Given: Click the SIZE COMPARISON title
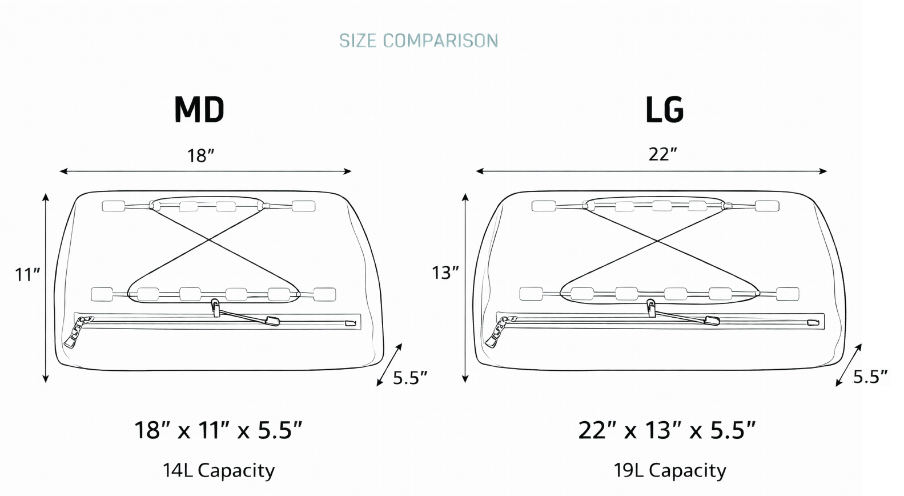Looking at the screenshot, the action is [419, 41].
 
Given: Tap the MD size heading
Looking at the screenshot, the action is [199, 110].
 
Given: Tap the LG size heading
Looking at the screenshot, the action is [664, 110].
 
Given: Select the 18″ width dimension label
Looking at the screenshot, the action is [200, 155].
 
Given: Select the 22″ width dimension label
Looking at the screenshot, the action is [662, 154].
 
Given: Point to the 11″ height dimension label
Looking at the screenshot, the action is [28, 275].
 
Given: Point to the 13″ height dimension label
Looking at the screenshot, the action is [445, 273].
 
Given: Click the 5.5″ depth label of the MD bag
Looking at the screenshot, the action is [410, 378].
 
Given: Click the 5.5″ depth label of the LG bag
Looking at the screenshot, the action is [870, 377].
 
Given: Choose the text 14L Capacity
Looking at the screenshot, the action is [219, 471].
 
